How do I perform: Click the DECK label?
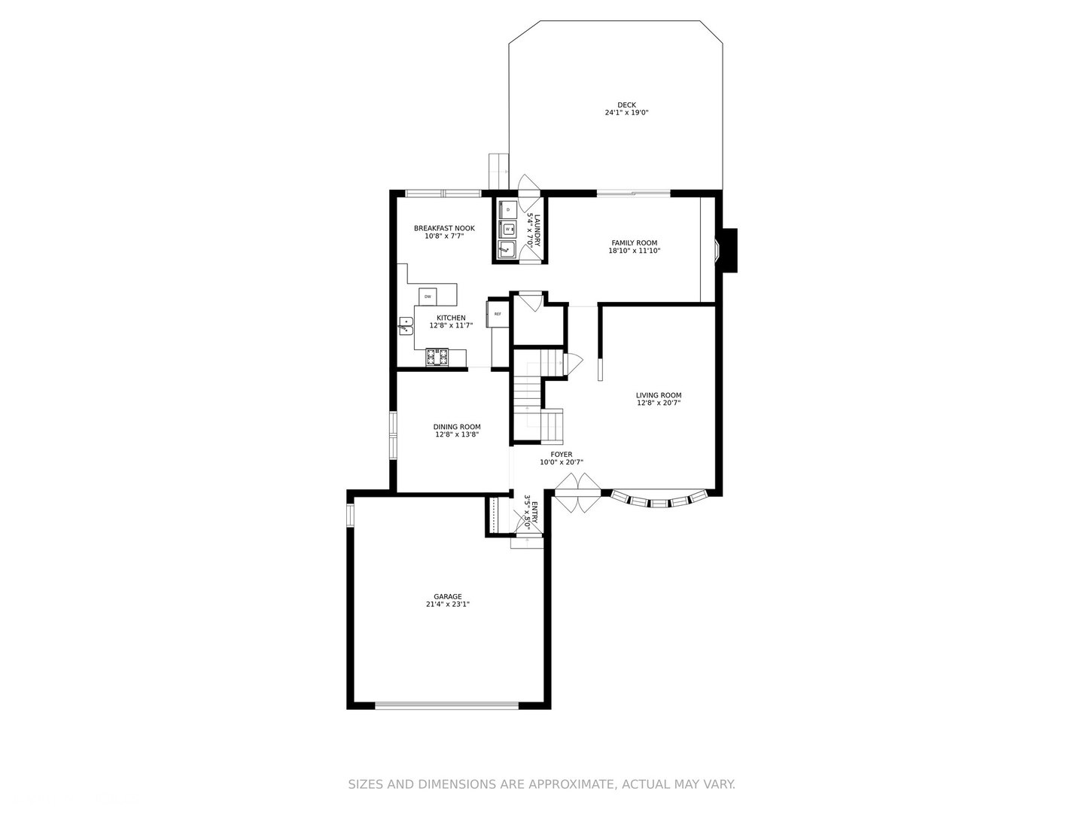click(626, 105)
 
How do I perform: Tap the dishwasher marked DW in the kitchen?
click(428, 297)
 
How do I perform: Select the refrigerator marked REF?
click(497, 314)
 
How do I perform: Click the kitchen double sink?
click(406, 326)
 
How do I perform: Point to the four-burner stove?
click(437, 357)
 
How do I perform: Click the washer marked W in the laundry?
click(508, 227)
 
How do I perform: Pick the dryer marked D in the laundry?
click(508, 209)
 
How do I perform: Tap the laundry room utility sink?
click(507, 248)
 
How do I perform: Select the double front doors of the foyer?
click(577, 493)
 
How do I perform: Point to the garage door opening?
click(447, 705)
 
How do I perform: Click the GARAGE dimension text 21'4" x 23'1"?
click(448, 604)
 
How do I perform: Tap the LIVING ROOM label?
click(659, 395)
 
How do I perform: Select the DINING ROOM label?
click(457, 427)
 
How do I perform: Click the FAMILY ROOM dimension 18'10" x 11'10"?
click(635, 251)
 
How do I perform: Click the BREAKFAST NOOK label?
click(444, 228)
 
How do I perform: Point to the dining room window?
click(392, 435)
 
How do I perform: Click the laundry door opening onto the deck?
click(528, 185)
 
